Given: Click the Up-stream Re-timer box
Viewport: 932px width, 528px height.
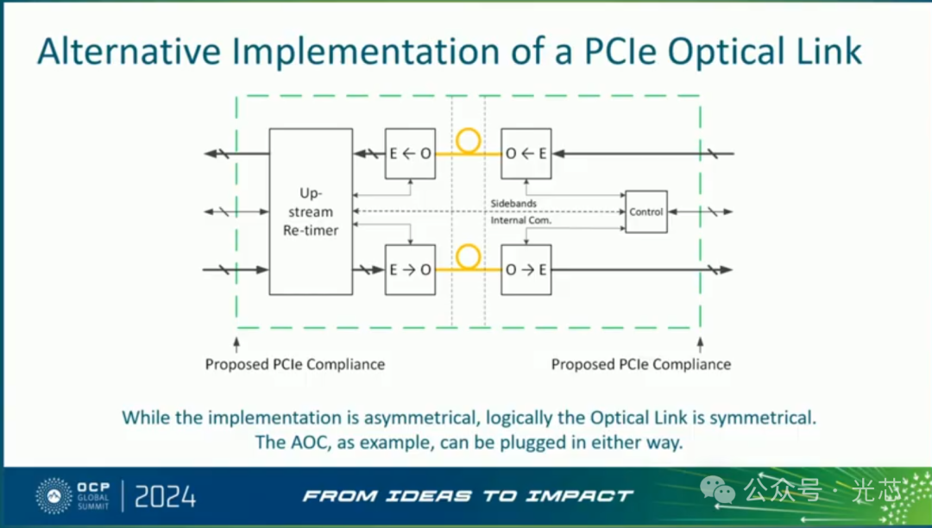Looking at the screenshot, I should [311, 211].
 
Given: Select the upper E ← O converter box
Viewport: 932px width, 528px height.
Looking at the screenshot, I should [410, 154].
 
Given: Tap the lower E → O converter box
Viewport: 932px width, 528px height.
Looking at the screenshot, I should [410, 269].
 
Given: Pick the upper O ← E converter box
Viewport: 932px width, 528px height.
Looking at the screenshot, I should [526, 154].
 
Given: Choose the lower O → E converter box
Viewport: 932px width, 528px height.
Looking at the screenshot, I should [526, 269].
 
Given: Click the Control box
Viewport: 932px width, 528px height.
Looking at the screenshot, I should [645, 211].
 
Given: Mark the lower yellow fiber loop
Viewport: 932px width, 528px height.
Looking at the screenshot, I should [469, 255].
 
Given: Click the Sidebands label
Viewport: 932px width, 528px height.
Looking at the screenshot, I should [513, 204].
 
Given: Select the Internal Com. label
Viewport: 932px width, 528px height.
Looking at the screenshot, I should [521, 221].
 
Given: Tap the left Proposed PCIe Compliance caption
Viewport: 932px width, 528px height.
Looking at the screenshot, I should [294, 364].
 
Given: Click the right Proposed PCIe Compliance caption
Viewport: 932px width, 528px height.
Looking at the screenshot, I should [640, 364].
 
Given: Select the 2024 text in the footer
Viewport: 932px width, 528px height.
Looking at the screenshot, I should [165, 497].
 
